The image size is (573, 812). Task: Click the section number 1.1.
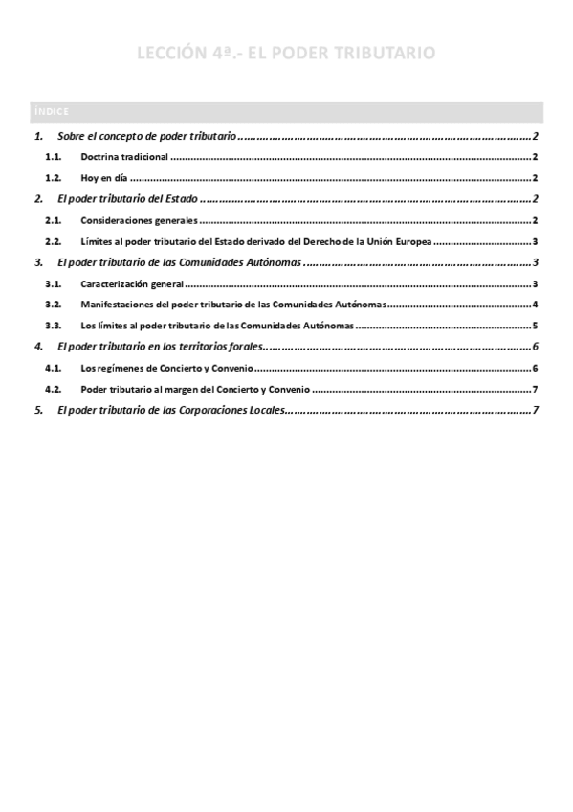(54, 157)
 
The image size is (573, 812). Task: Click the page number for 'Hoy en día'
(536, 178)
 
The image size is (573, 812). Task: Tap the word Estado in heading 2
(178, 199)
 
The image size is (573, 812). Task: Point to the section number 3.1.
(54, 284)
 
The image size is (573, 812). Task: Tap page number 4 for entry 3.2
(536, 305)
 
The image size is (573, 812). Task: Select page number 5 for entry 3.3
(536, 326)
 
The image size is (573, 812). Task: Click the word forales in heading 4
(242, 347)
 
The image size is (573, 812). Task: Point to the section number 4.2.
(54, 390)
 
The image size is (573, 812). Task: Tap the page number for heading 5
(536, 411)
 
